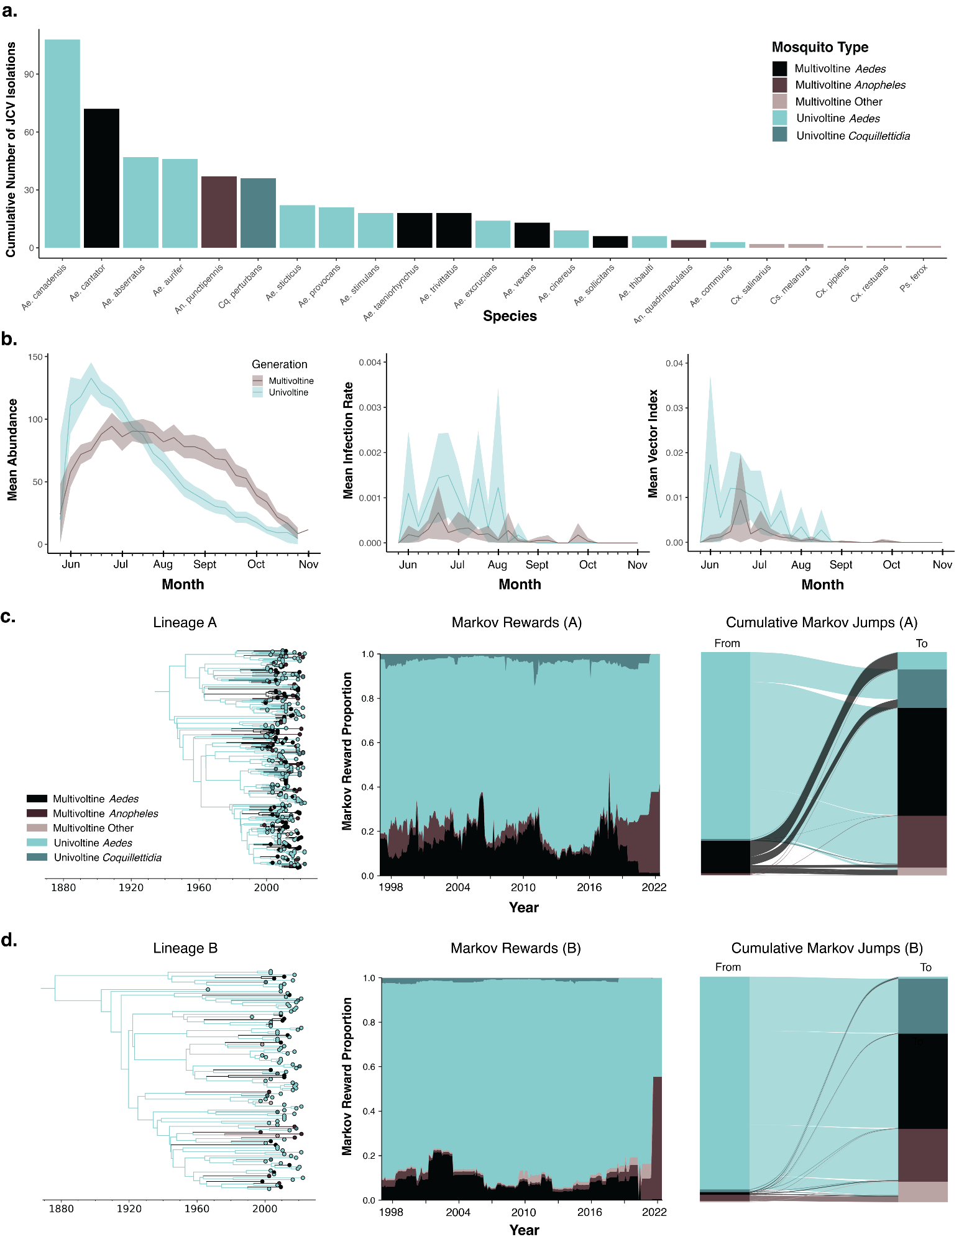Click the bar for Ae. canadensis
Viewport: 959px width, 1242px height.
coord(62,143)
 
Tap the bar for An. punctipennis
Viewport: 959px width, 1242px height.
coord(219,212)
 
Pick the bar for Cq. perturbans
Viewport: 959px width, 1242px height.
coord(258,213)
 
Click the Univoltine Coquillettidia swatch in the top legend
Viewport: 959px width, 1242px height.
coord(779,135)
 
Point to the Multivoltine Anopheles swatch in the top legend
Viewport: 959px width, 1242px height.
coord(779,84)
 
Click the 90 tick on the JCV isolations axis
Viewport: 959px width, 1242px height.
coord(29,74)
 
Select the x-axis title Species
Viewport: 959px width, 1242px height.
coord(510,315)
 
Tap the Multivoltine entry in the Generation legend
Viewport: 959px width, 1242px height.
coord(291,381)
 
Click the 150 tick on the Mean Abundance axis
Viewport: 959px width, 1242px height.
coord(35,357)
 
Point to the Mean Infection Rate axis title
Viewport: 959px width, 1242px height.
coord(348,440)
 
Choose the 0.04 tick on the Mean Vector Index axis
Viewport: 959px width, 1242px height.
coord(674,363)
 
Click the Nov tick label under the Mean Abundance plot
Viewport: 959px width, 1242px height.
coord(308,564)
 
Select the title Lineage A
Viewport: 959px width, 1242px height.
coord(185,622)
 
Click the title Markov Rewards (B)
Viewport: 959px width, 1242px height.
coord(515,948)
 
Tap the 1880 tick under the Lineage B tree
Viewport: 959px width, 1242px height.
coord(61,1208)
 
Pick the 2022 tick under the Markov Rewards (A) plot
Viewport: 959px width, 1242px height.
coord(654,887)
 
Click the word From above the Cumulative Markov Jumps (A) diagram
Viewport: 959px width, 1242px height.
coord(727,643)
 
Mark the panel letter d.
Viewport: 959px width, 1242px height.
coord(9,940)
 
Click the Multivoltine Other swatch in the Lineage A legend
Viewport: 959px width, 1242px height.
coord(37,828)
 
